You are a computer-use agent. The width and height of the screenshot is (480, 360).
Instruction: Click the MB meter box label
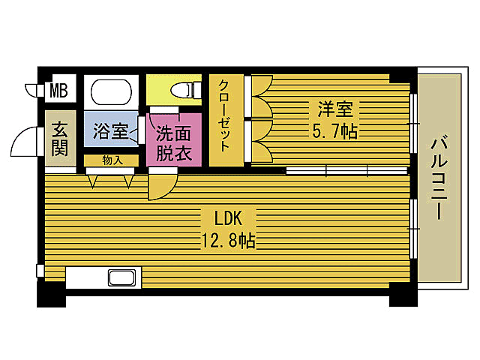pyautogui.click(x=58, y=91)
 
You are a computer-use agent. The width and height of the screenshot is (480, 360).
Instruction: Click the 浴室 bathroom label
pyautogui.click(x=109, y=131)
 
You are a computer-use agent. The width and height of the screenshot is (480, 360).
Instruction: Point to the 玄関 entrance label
pyautogui.click(x=60, y=139)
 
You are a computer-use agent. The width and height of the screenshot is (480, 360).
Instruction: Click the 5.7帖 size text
pyautogui.click(x=334, y=132)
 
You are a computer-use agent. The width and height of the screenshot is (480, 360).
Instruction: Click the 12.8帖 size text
pyautogui.click(x=226, y=241)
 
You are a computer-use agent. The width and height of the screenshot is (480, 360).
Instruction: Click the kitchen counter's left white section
pyautogui.click(x=86, y=277)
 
